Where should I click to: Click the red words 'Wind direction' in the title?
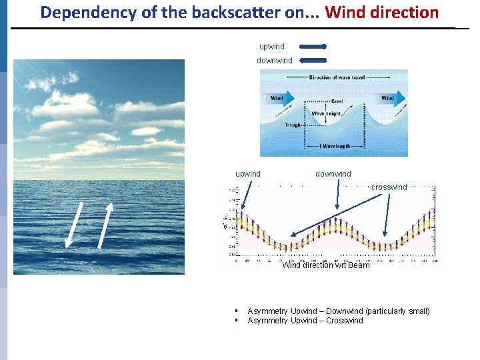[381, 12]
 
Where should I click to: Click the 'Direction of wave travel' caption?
[340, 78]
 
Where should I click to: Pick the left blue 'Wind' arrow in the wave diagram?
[279, 98]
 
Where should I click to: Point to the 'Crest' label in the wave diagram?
[337, 102]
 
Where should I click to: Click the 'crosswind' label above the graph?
[389, 187]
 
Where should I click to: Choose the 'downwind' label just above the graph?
[333, 174]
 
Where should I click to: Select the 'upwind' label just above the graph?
[248, 174]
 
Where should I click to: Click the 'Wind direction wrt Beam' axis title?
[326, 265]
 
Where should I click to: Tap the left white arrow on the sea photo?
[73, 224]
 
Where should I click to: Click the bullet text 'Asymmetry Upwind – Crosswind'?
[305, 321]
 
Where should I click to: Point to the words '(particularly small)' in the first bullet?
[394, 311]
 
